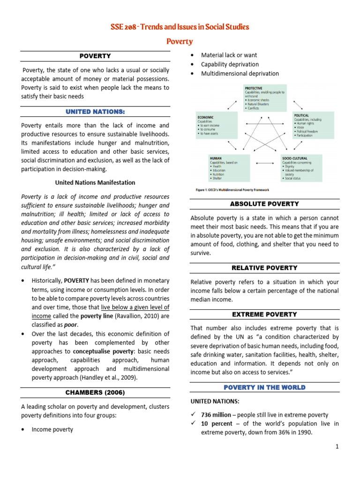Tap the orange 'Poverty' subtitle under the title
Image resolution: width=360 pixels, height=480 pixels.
pyautogui.click(x=180, y=41)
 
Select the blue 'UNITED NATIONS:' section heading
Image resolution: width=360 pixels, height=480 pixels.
pyautogui.click(x=95, y=112)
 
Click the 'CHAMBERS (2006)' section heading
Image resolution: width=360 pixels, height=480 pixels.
pyautogui.click(x=95, y=392)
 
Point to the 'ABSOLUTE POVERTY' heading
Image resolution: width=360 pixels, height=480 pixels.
pyautogui.click(x=264, y=204)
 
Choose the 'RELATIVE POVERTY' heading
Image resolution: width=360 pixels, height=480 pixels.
pyautogui.click(x=264, y=268)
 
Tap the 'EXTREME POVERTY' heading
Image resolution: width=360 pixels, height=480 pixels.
pyautogui.click(x=264, y=314)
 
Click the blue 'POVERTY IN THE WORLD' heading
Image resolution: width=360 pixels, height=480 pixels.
pyautogui.click(x=264, y=387)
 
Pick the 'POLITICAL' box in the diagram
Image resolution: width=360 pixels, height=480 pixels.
pyautogui.click(x=313, y=125)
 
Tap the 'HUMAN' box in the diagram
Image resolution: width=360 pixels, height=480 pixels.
pyautogui.click(x=228, y=168)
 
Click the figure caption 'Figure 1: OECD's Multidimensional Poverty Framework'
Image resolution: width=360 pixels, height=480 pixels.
pyautogui.click(x=232, y=190)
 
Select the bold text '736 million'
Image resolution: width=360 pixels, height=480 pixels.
pyautogui.click(x=216, y=415)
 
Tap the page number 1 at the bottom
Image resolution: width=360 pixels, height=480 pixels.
pyautogui.click(x=337, y=447)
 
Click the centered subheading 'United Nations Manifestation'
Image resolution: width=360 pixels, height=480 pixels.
pyautogui.click(x=95, y=182)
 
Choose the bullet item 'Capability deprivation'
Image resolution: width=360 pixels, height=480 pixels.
pyautogui.click(x=230, y=64)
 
